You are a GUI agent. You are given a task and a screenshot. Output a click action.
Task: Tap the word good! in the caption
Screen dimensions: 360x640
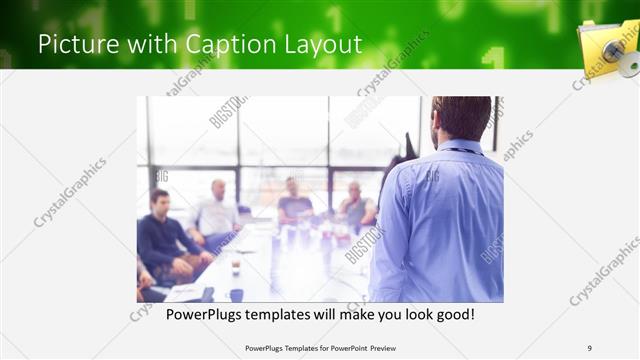[x=451, y=314]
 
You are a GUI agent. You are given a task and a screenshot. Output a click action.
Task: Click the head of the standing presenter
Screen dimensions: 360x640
[x=462, y=117]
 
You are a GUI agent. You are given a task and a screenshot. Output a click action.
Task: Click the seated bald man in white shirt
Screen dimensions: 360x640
[x=214, y=211]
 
